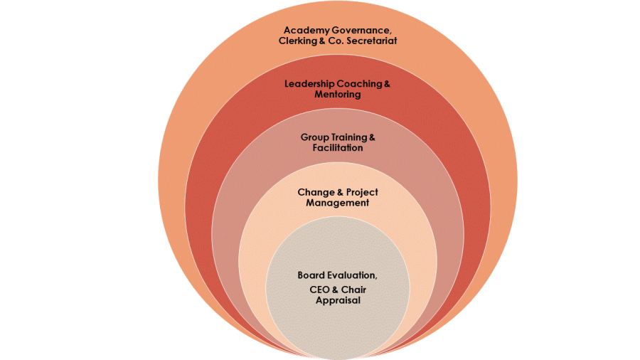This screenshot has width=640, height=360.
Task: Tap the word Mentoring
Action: pos(338,95)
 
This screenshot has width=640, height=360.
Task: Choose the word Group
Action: pos(314,137)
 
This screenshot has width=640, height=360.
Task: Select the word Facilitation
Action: pos(338,148)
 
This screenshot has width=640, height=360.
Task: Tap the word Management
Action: pos(338,203)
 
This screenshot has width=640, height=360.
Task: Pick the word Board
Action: pos(311,275)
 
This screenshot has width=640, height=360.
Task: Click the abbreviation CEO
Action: pos(320,290)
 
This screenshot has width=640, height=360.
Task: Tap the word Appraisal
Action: pos(338,300)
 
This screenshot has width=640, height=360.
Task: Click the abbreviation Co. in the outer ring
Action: pos(336,41)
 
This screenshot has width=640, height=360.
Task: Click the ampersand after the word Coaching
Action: pos(387,84)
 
